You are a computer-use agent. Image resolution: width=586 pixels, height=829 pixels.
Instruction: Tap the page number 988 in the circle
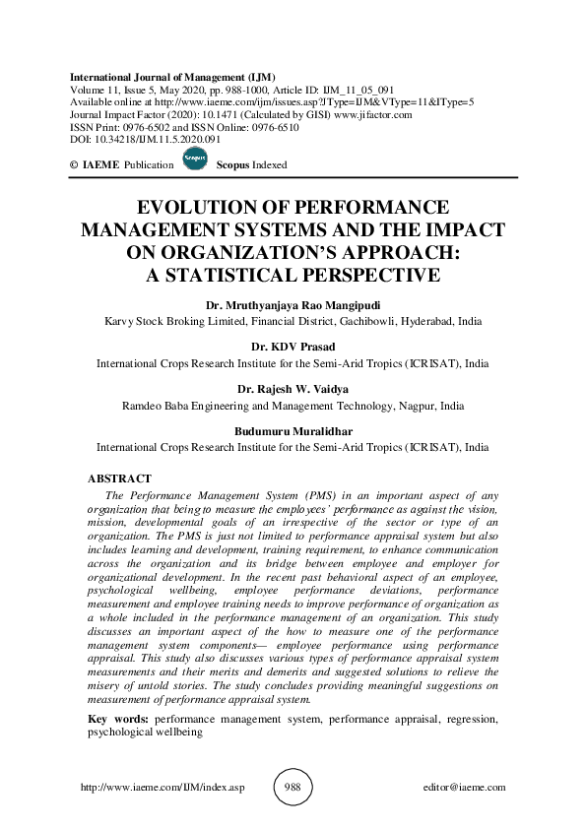click(293, 787)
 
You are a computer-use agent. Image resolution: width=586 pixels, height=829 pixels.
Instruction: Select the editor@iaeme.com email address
click(463, 788)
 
